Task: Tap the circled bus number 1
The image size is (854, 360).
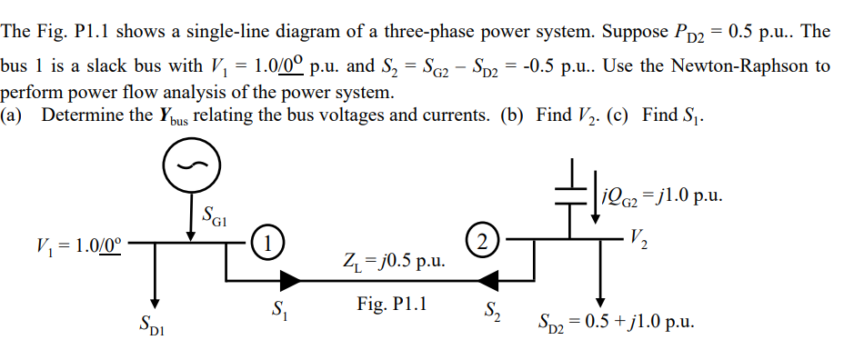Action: [266, 243]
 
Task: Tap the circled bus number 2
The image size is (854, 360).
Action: [482, 243]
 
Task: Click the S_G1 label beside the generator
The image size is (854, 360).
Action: [216, 219]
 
